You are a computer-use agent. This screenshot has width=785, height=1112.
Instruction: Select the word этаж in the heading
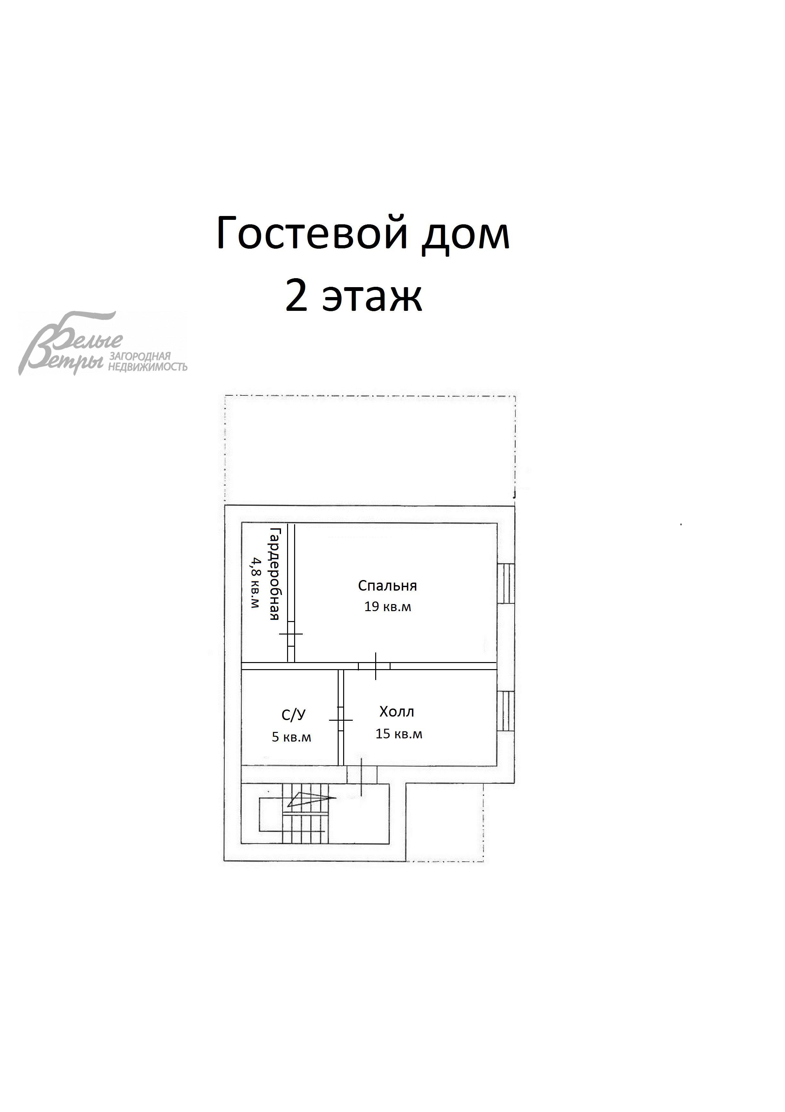372,296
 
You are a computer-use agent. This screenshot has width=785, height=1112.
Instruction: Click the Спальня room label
387,586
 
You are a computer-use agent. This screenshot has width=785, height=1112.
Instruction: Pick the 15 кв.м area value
399,734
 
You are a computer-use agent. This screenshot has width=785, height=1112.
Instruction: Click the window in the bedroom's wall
506,583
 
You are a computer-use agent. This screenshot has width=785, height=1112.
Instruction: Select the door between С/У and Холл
341,720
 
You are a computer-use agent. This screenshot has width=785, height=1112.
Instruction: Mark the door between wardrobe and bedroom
291,634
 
